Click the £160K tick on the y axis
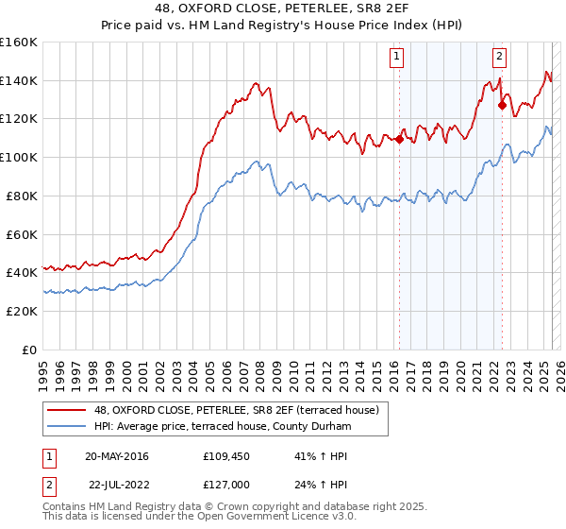[x=19, y=43]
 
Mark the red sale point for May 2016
[x=399, y=139]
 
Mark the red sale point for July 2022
[x=502, y=106]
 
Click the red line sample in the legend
[x=66, y=410]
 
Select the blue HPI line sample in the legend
[x=66, y=427]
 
